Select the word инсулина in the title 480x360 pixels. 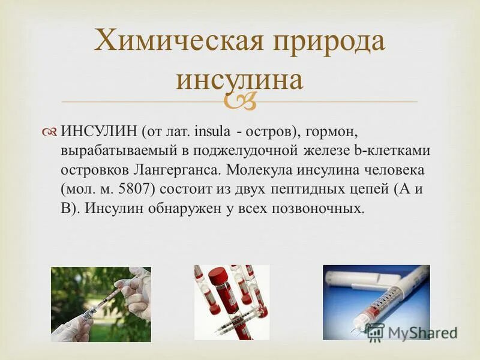click(239, 80)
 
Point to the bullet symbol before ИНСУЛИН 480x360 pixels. click(50, 131)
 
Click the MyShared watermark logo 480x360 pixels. click(412, 332)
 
